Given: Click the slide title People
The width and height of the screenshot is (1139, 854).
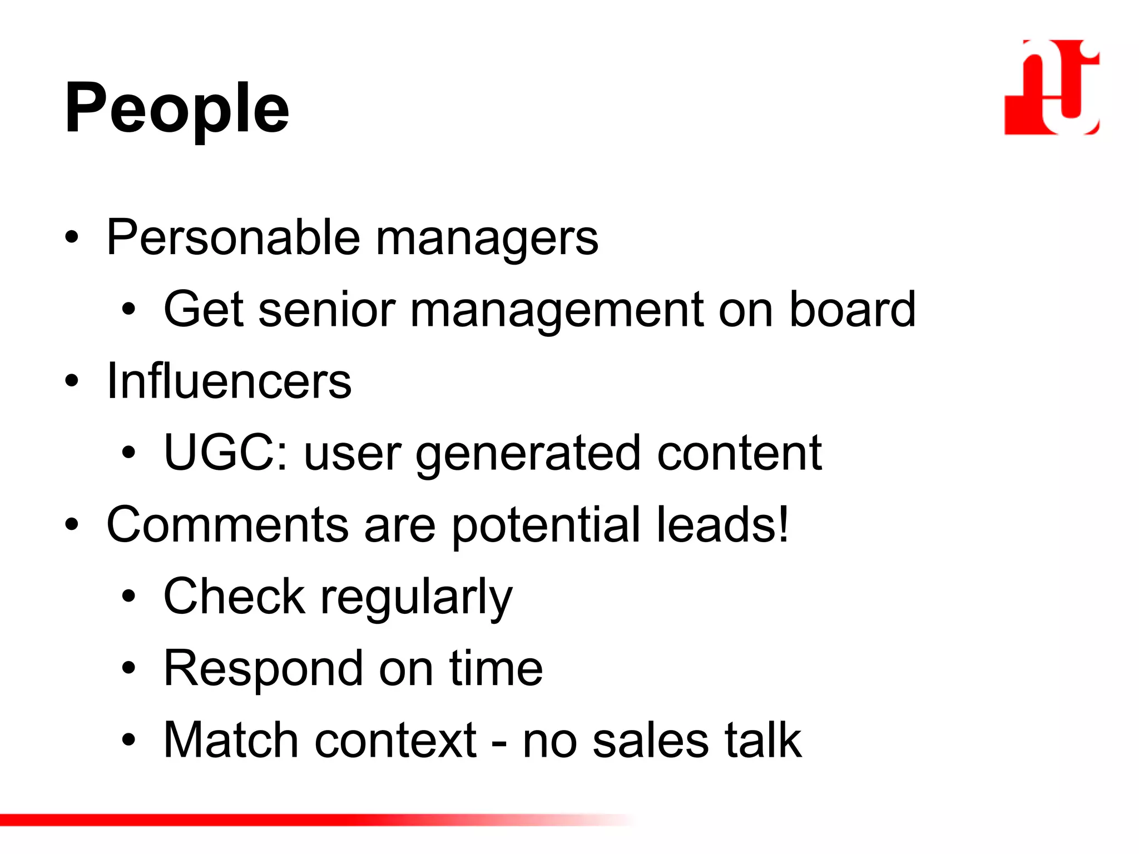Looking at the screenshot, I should pyautogui.click(x=177, y=108).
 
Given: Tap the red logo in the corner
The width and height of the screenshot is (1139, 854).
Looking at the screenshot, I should pyautogui.click(x=1051, y=87).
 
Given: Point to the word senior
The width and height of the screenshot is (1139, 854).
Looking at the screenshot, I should pyautogui.click(x=327, y=310).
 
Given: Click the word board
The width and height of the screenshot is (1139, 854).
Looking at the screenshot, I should pyautogui.click(x=852, y=310).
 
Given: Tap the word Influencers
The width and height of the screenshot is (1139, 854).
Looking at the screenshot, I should pyautogui.click(x=229, y=381).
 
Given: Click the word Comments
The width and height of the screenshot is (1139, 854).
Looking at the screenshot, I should pyautogui.click(x=227, y=525).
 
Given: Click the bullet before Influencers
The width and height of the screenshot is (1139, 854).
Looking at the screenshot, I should pyautogui.click(x=71, y=381).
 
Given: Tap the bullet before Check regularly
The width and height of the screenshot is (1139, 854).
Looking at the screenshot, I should pyautogui.click(x=129, y=597).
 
